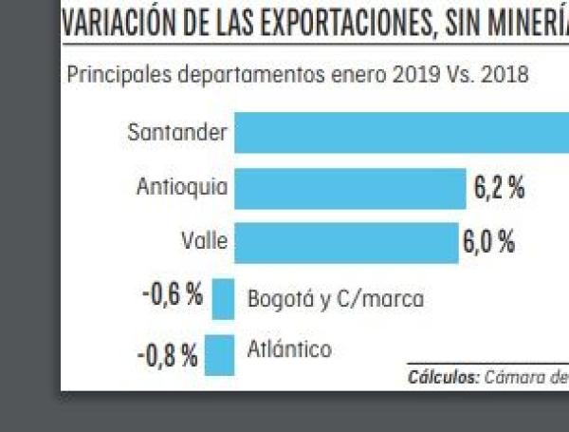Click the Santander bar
(x=401, y=133)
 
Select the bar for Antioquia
(x=350, y=189)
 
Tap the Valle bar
(x=346, y=243)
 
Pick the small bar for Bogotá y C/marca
(x=224, y=299)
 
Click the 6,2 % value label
(x=499, y=188)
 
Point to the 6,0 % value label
(x=489, y=242)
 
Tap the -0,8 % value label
(x=168, y=357)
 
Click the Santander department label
(x=177, y=133)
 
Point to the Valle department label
(x=204, y=242)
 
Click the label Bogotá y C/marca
(x=335, y=299)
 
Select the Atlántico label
(x=289, y=349)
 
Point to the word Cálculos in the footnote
(x=443, y=376)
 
